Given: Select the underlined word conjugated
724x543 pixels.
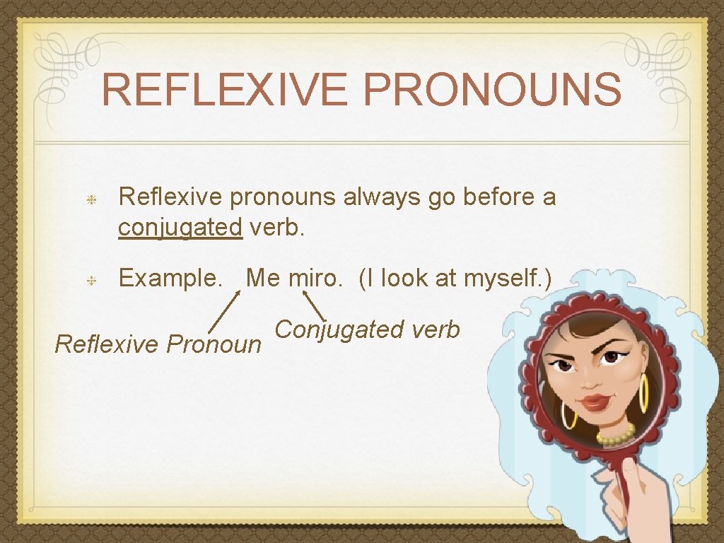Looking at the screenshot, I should tap(180, 228).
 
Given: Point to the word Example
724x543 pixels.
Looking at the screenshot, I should tap(170, 279).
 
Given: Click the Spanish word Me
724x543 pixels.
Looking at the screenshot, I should tap(263, 279).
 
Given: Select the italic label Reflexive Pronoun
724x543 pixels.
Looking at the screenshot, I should tap(158, 344).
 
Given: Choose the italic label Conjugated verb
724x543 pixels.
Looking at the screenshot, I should tap(367, 329).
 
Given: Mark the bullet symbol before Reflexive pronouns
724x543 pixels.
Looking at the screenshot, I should tap(91, 199).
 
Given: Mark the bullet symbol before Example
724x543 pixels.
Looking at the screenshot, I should tap(91, 280).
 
